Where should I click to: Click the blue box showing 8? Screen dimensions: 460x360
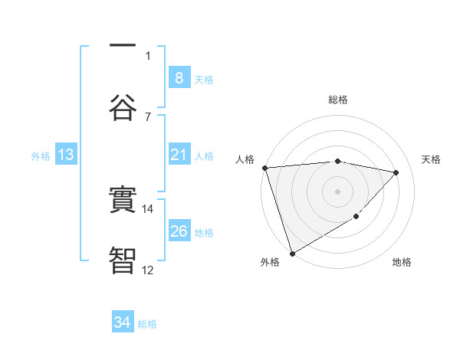(x=179, y=77)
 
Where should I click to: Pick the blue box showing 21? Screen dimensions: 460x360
(x=179, y=155)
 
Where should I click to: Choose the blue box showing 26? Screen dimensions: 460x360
(x=179, y=231)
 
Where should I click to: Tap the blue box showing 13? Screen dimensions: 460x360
(x=66, y=155)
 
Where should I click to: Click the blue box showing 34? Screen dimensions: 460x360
(x=123, y=322)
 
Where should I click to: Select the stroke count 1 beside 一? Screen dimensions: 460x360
(x=148, y=55)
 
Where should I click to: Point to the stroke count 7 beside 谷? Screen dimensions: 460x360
(x=148, y=116)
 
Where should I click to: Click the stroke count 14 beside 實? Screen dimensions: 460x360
(x=149, y=208)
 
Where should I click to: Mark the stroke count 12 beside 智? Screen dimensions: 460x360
(x=149, y=270)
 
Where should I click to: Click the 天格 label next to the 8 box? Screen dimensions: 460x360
(x=204, y=79)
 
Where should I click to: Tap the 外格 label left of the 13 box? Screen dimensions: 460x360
(x=41, y=156)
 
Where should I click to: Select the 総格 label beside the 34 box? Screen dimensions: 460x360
(x=147, y=324)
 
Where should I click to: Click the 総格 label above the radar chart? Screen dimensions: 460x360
(x=338, y=100)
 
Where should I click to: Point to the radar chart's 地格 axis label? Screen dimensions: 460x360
(x=402, y=263)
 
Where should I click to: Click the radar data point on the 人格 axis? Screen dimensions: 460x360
(x=264, y=168)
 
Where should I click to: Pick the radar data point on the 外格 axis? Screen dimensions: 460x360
(x=292, y=253)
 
